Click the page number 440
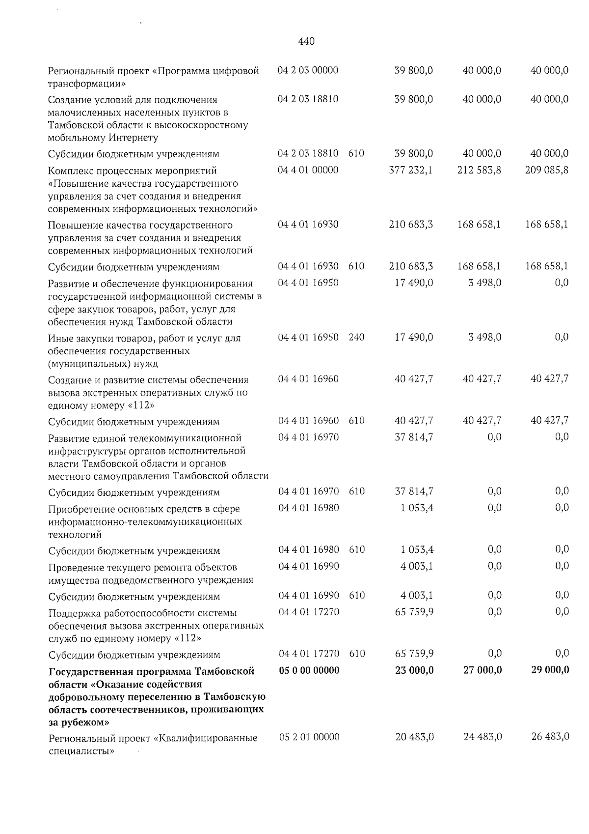coord(306,42)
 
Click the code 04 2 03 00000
coord(308,70)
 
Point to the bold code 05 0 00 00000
coord(309,670)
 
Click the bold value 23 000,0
coord(414,670)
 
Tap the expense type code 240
coord(356,338)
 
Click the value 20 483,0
coord(414,737)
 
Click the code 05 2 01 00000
coord(309,737)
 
